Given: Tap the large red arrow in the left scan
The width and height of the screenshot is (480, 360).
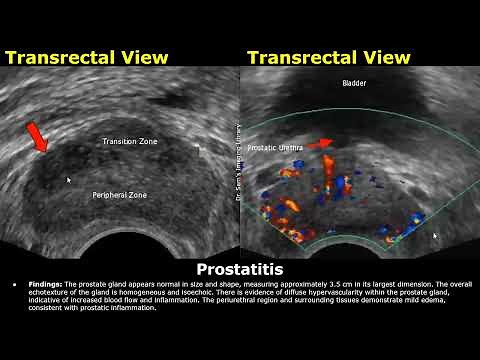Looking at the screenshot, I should pos(36,137).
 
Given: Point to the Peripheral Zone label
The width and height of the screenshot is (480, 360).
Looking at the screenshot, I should pos(119,195).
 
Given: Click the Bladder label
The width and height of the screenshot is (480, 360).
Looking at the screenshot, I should pos(354,84).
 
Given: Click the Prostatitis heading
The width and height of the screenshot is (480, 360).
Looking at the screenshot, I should pos(240,270).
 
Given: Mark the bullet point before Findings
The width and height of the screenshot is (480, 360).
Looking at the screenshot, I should pos(15,284).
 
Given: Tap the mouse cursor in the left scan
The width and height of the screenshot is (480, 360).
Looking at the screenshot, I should pos(68,180).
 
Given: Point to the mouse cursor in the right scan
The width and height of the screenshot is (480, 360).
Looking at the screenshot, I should pos(435,236).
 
